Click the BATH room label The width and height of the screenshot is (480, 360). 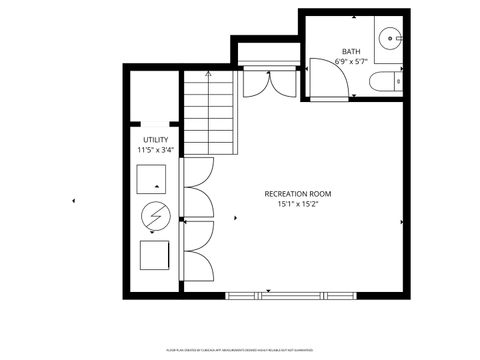tap(350, 51)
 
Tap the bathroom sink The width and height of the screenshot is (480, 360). tap(388, 40)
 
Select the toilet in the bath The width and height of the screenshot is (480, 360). tap(384, 82)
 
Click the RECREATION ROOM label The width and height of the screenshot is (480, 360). tap(298, 193)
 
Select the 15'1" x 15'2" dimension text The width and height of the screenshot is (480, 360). tap(298, 205)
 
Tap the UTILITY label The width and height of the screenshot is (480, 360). tap(156, 140)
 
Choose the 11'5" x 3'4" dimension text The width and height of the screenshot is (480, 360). tap(156, 150)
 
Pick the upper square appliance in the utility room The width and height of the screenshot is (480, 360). tap(156, 179)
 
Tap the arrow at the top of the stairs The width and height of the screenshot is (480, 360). tap(208, 74)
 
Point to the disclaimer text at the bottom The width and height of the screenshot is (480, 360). tap(240, 351)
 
